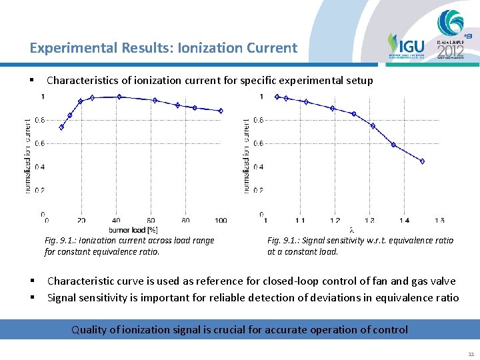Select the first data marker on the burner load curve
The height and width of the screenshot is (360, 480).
(x=61, y=127)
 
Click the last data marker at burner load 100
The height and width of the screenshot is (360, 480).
(x=221, y=111)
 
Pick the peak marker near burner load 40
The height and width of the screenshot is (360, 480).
(x=119, y=97)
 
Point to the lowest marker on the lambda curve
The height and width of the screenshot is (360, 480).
(x=422, y=161)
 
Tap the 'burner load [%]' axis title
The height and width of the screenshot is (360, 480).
(x=134, y=229)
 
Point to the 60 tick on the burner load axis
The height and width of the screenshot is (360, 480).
(x=151, y=221)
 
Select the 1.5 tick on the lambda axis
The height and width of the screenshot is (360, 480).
(x=439, y=221)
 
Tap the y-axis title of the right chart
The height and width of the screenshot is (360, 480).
(x=247, y=156)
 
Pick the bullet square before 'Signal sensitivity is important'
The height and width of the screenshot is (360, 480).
(x=32, y=297)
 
